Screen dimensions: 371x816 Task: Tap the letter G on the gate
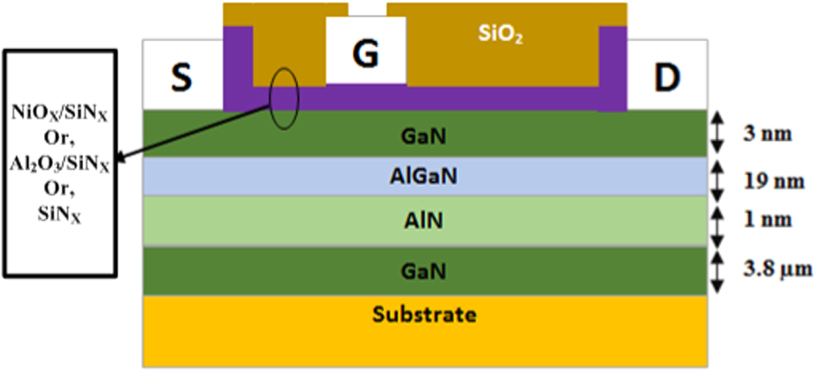(x=367, y=54)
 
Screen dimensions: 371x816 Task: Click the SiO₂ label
(x=500, y=37)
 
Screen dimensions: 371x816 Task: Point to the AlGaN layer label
(x=423, y=177)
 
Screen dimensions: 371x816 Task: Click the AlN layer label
(x=424, y=221)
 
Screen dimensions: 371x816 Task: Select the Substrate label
(x=425, y=315)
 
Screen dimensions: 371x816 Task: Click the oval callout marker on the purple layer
(x=284, y=96)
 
